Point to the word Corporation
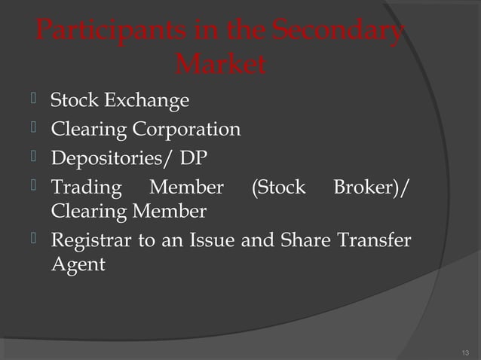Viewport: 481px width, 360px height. click(x=187, y=130)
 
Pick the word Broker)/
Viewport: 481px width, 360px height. click(x=371, y=188)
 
